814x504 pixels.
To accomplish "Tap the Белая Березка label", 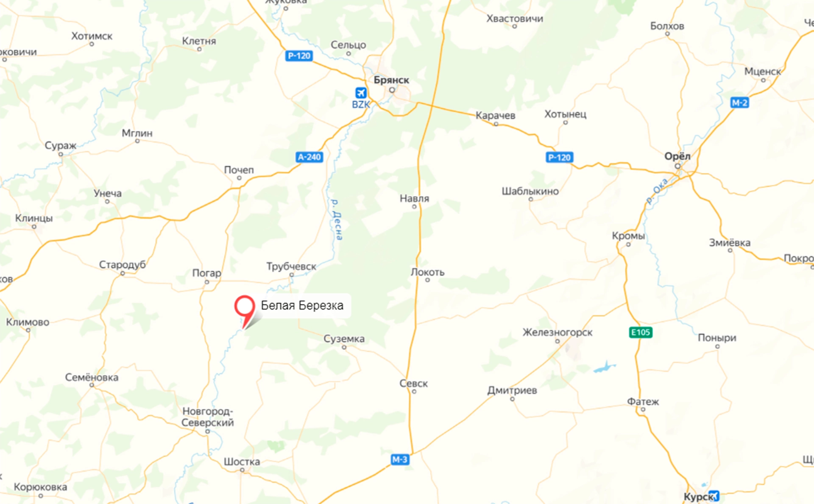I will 302,305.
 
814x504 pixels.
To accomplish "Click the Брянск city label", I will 391,80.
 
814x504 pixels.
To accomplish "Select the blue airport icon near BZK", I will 361,93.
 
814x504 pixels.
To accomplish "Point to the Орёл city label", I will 677,156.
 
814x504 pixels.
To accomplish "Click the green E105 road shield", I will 640,332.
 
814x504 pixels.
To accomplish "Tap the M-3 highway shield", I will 400,459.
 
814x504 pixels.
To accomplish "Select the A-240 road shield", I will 309,157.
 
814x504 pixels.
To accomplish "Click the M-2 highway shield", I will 739,103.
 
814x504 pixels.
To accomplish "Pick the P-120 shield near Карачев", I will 559,158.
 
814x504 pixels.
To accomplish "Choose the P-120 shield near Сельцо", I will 299,56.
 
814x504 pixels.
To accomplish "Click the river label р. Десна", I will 337,220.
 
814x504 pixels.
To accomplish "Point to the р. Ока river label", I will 657,191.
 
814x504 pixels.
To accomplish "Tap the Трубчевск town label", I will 291,266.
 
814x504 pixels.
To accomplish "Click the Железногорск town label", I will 557,332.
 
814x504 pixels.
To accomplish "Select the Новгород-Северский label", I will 207,417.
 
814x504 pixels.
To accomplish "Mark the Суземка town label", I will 344,338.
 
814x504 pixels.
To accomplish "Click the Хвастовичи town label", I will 514,18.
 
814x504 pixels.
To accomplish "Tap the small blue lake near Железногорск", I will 605,367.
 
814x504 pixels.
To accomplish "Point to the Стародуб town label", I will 122,265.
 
